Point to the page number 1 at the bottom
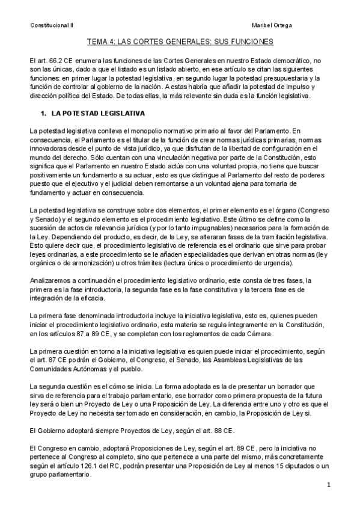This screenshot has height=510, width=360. click(329, 485)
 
